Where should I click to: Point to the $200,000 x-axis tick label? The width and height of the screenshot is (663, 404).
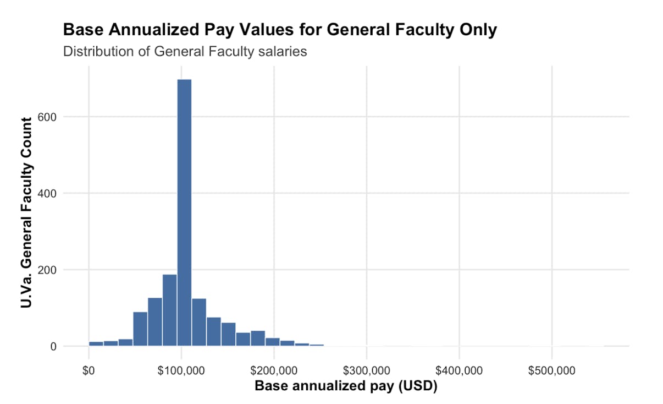(274, 370)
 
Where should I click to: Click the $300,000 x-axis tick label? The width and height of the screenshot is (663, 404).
(367, 370)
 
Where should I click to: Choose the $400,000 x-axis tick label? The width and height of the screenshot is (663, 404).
(460, 370)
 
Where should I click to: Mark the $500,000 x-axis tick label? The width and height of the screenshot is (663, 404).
(552, 370)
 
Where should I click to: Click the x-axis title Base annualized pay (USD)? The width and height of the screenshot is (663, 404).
(346, 386)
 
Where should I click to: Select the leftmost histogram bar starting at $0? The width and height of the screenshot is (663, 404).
(96, 344)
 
